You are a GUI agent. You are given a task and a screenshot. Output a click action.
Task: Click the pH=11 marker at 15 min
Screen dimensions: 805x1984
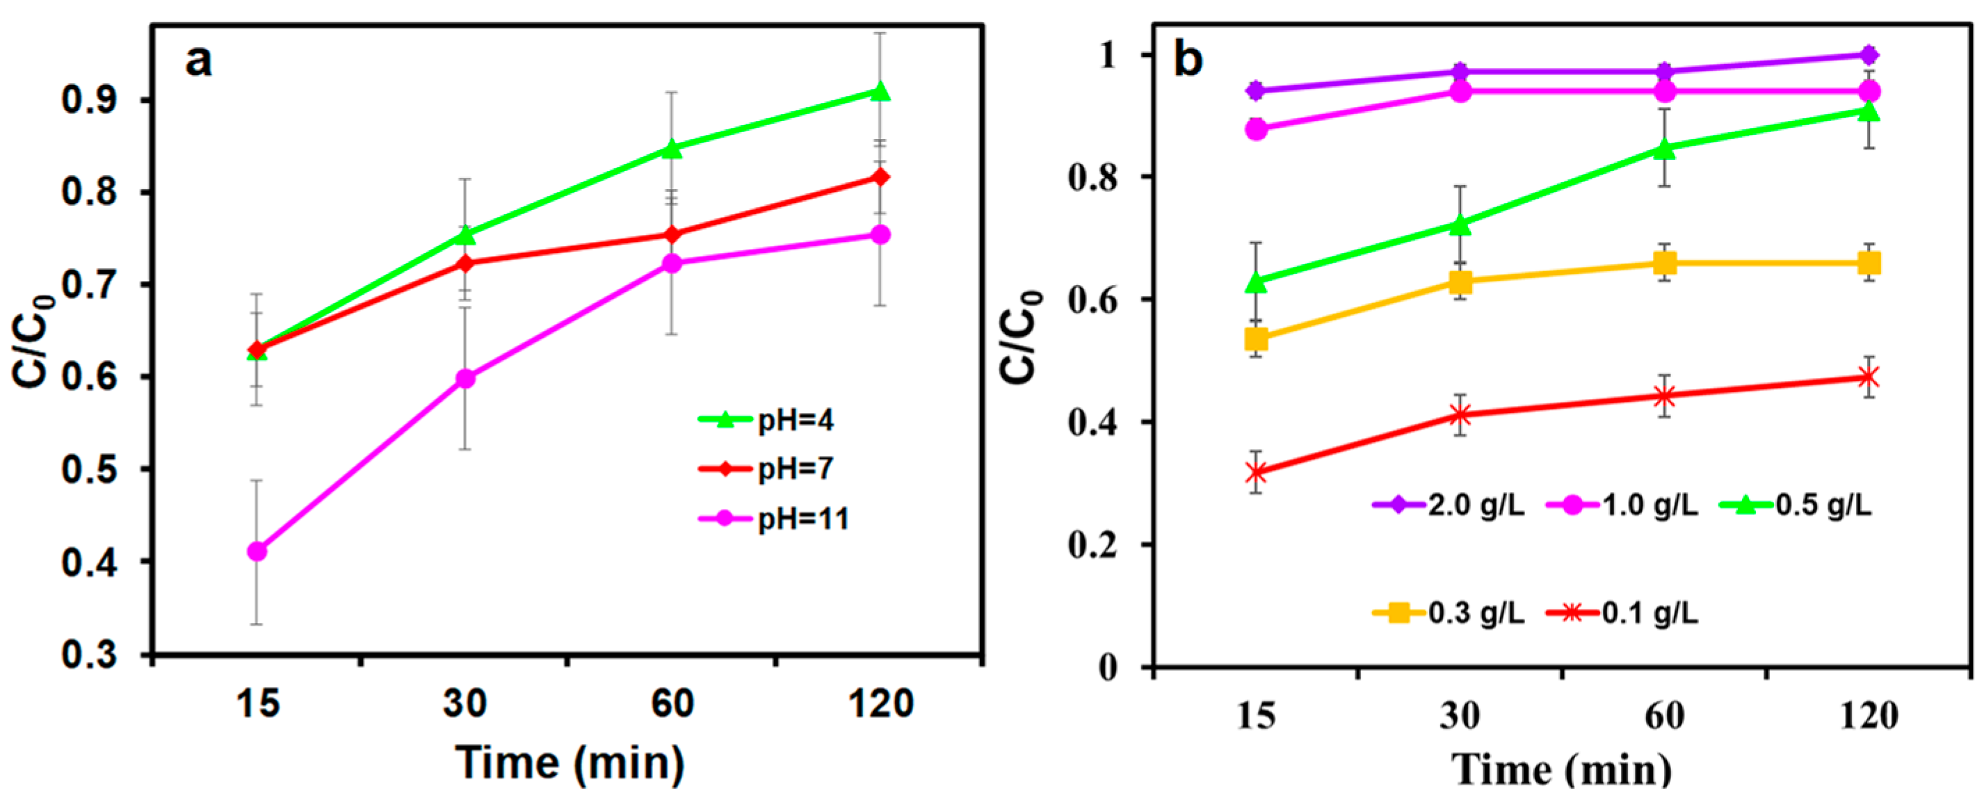[257, 551]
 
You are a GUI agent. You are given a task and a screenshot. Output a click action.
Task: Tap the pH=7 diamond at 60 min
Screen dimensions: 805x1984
[672, 234]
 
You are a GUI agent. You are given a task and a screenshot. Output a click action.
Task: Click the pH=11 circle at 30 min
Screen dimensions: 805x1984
[465, 378]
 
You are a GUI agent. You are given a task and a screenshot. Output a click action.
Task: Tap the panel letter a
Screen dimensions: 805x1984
[199, 60]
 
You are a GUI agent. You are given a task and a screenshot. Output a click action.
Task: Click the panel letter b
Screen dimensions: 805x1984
[1188, 60]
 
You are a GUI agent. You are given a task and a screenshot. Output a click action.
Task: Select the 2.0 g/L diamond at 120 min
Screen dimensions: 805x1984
[1869, 55]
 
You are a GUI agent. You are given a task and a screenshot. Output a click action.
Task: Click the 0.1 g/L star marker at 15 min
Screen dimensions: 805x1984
[1256, 472]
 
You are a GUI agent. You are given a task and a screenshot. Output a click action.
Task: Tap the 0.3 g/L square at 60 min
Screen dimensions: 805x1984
[1664, 264]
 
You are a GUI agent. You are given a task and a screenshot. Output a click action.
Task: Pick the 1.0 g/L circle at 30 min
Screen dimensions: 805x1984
[1460, 92]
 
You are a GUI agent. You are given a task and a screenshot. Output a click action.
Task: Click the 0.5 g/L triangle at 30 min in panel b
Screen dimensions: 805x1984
[1460, 225]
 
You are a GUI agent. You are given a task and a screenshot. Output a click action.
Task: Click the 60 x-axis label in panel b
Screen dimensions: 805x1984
[1664, 716]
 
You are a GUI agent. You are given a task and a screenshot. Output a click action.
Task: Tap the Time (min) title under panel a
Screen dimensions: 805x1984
[570, 763]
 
